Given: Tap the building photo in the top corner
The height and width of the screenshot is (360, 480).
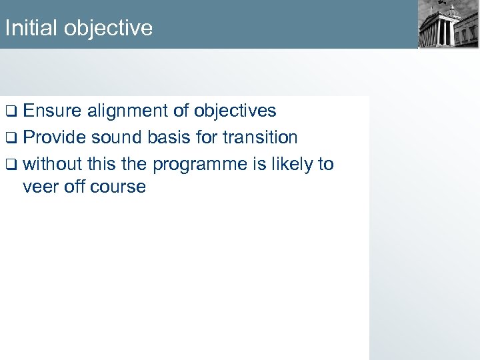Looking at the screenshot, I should pyautogui.click(x=448, y=25).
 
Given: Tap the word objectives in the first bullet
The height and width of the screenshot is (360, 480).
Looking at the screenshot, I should pyautogui.click(x=233, y=110).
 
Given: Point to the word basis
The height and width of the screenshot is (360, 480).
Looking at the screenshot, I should pyautogui.click(x=173, y=137).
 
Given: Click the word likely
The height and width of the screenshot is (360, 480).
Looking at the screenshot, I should pyautogui.click(x=289, y=164).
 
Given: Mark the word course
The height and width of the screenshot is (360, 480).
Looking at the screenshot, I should pyautogui.click(x=119, y=187).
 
